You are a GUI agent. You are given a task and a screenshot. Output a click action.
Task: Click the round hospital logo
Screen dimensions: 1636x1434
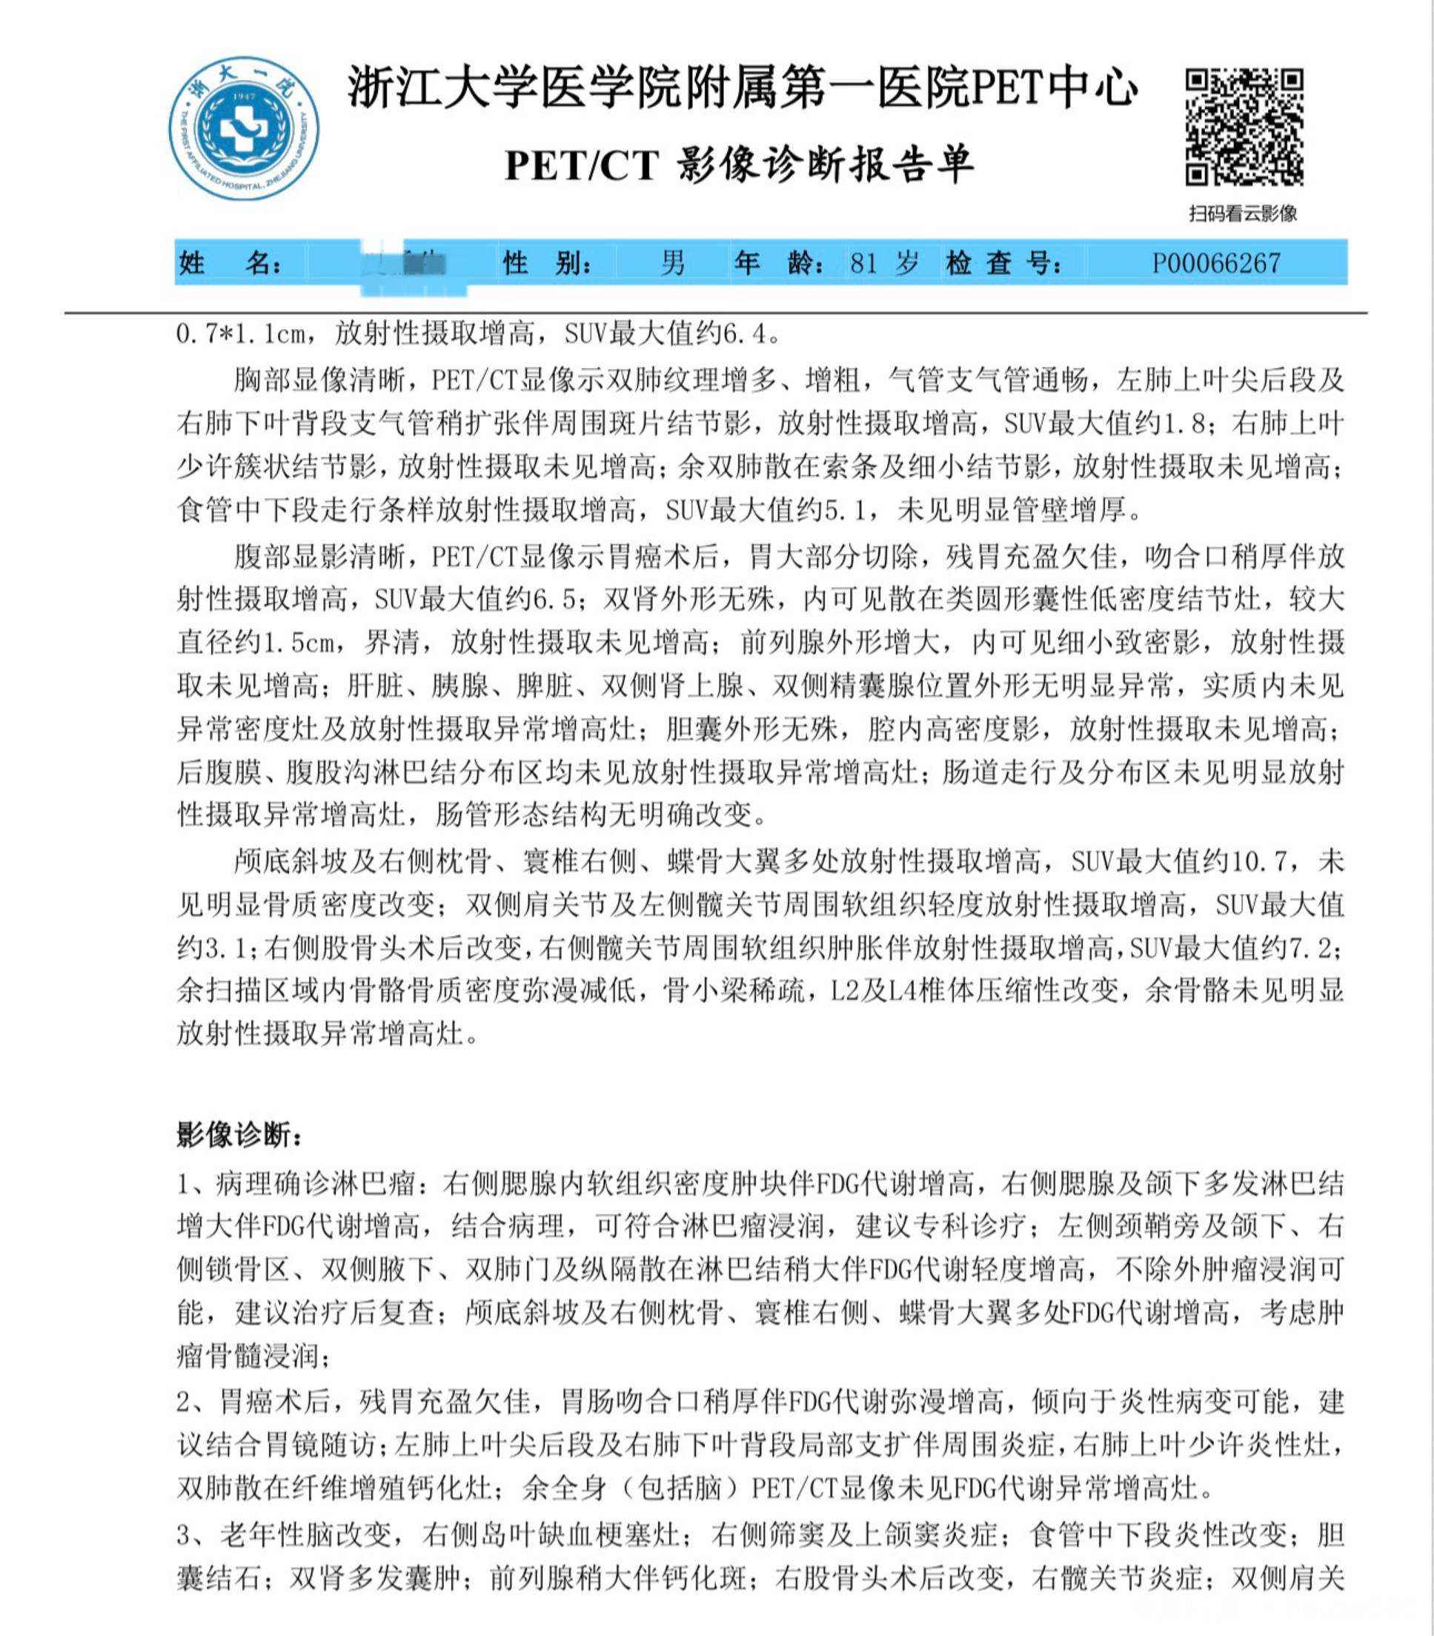244,128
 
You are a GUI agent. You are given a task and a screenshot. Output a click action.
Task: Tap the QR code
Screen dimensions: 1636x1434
1244,127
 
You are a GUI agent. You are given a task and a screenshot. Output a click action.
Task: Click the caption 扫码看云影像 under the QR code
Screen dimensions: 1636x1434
1243,213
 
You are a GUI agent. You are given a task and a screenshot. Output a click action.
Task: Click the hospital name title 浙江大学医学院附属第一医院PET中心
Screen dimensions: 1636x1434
742,88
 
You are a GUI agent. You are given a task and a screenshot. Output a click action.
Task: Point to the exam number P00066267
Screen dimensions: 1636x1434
1216,262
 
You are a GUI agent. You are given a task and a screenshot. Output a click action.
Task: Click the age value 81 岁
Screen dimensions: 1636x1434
884,262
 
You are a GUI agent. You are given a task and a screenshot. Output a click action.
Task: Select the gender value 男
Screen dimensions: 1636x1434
672,262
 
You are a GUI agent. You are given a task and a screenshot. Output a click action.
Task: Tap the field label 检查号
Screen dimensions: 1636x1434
1005,262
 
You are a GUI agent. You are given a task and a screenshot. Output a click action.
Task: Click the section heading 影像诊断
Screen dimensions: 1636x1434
239,1134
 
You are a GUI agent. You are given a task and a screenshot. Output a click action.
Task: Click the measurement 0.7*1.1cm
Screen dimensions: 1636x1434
240,334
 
